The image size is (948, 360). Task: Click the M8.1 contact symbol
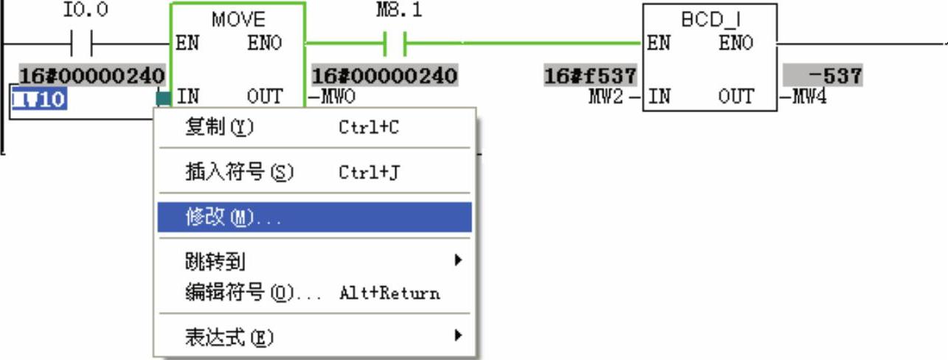[396, 44]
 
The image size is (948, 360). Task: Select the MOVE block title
[238, 19]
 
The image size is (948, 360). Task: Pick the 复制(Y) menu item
[219, 128]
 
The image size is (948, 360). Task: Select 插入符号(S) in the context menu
[239, 173]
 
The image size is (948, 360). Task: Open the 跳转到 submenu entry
[215, 260]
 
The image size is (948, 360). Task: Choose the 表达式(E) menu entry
[229, 338]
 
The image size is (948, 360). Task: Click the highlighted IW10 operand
[40, 98]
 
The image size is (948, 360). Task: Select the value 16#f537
[590, 76]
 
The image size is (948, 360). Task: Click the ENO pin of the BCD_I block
[736, 44]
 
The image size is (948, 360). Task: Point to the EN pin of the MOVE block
[187, 44]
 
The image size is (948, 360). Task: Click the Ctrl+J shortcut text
[369, 173]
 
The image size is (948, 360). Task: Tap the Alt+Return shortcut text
[389, 293]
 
